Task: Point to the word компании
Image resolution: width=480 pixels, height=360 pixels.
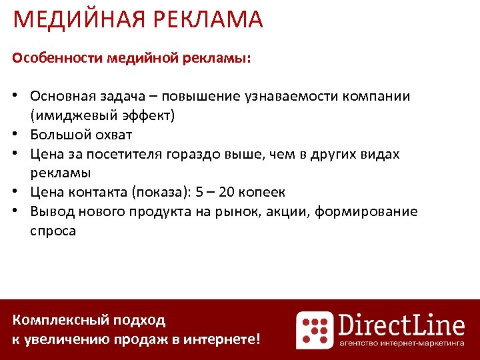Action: tap(377, 96)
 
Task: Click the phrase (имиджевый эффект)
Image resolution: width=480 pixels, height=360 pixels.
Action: tap(102, 115)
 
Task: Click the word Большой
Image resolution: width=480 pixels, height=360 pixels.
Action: tap(58, 135)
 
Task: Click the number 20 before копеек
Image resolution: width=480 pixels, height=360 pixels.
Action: tap(227, 193)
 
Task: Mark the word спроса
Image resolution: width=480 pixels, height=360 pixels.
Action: tap(53, 231)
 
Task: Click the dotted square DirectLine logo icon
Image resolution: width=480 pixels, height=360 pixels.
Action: tap(315, 330)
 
